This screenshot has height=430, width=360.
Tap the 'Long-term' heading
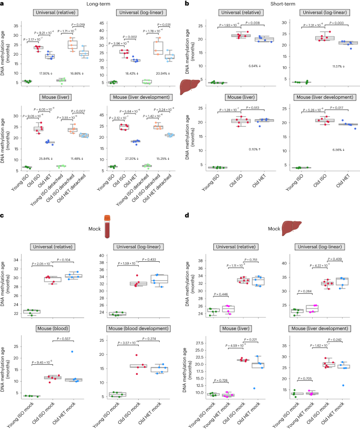point(91,4)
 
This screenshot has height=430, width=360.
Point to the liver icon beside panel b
point(189,87)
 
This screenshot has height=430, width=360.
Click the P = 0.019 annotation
point(78,25)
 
